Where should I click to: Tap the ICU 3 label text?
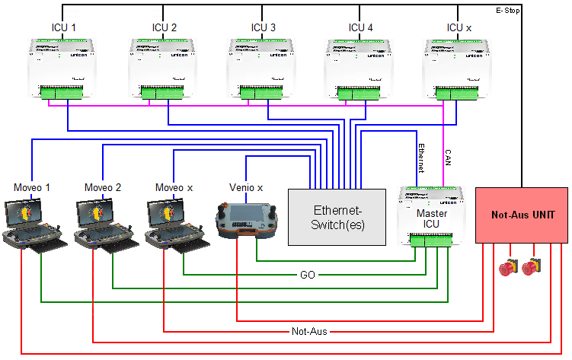point(264,28)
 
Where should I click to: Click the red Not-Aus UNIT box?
point(522,215)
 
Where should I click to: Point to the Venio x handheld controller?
point(245,221)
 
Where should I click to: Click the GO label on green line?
point(307,274)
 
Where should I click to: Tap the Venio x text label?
point(246,186)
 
